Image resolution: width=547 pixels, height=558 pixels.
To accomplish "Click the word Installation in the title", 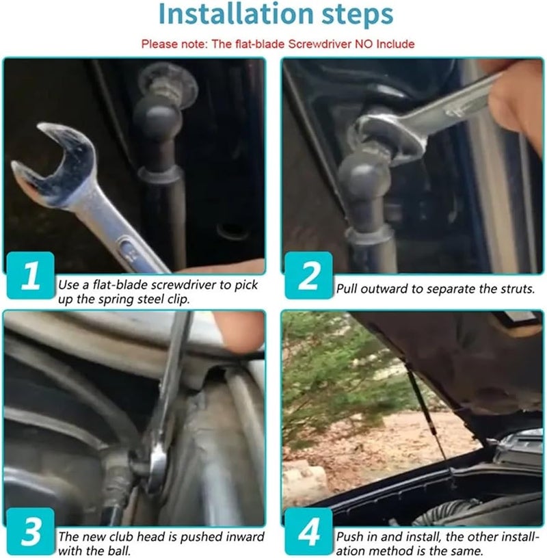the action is point(236,14).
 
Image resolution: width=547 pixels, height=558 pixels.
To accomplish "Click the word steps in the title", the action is point(358,15).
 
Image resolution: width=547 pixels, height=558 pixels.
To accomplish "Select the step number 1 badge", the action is point(31,275).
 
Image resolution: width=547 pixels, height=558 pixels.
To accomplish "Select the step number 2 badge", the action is point(309,275).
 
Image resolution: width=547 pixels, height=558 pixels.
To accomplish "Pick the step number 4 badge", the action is point(309,531).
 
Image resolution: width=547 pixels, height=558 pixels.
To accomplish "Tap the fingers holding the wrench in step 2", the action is point(516,100).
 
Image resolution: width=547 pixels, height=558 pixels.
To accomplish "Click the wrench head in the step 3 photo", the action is point(157,466).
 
